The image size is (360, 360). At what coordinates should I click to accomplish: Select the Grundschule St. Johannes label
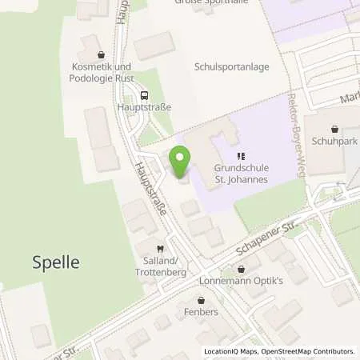pos(242,174)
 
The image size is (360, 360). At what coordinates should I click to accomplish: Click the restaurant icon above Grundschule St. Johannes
pos(240,156)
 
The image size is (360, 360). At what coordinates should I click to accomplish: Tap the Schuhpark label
pos(335,140)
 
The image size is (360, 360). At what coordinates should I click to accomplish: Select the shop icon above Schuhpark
pos(335,128)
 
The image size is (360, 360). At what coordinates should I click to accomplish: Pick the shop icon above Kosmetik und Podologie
pos(101,55)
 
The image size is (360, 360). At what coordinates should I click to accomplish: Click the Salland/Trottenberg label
pos(159,267)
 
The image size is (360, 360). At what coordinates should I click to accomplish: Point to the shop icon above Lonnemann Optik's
pos(241,269)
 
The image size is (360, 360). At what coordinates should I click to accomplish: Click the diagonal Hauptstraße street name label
pos(150,190)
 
